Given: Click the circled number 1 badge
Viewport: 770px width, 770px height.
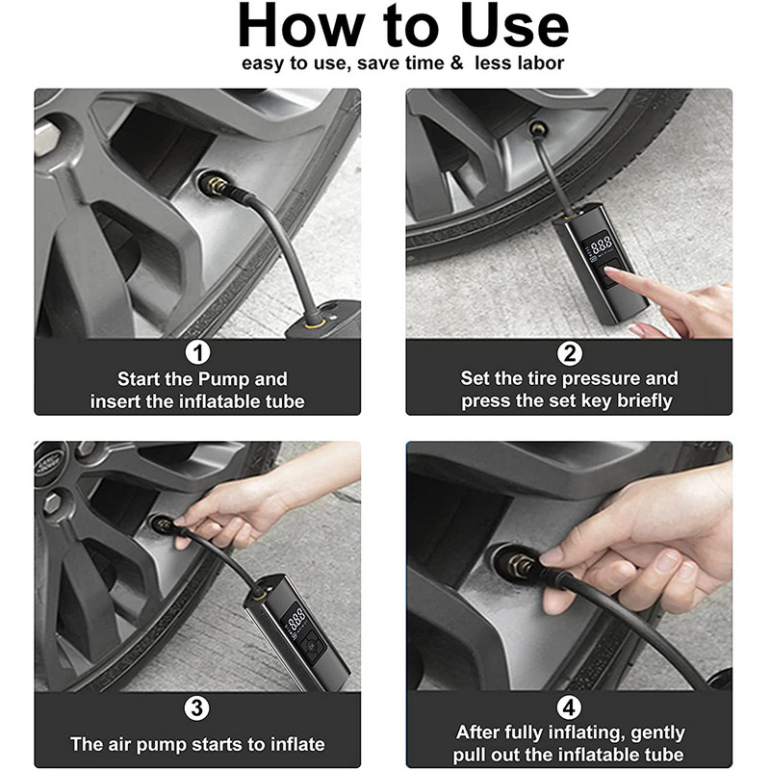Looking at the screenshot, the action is coord(197,352).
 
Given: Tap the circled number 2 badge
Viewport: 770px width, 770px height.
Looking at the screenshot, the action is coord(569,353).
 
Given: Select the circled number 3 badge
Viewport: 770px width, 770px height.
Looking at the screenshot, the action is coord(197,708).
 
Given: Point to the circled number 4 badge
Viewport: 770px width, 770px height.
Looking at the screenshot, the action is coord(569,707).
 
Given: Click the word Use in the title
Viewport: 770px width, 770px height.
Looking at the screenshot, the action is coord(515,26).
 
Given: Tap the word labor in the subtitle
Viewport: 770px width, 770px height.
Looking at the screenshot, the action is coord(541,63).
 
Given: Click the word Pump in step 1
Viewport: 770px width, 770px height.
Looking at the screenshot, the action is coord(224,379).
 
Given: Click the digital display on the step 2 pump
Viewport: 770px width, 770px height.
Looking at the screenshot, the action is coord(600,245).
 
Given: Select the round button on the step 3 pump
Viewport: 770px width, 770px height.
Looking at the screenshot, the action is coord(311,646).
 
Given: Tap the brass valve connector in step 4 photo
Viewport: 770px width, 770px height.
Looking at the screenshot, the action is coord(522,567).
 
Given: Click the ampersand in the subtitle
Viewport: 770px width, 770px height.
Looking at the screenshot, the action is coord(456,63).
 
